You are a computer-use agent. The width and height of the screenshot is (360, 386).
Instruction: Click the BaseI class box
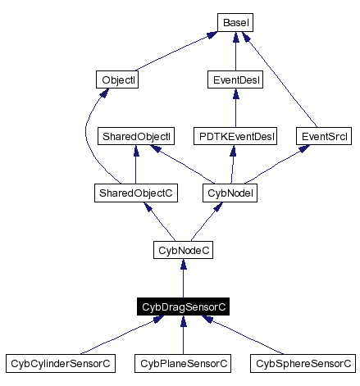point(235,24)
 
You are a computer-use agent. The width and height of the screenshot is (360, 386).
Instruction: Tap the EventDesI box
point(235,80)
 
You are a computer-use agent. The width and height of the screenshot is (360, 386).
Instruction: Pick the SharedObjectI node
point(135,136)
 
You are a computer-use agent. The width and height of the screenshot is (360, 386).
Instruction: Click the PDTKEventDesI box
point(235,136)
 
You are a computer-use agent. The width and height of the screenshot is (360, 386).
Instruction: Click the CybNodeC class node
point(183,249)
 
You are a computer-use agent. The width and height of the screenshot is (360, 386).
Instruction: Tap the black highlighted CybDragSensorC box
point(183,307)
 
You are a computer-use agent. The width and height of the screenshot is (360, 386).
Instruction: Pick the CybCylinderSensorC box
point(60,362)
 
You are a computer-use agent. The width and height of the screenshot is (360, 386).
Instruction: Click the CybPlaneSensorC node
point(183,362)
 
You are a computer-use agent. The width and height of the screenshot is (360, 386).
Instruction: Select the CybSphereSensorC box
point(303,362)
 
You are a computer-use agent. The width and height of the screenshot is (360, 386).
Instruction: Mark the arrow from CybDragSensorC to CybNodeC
point(183,278)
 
